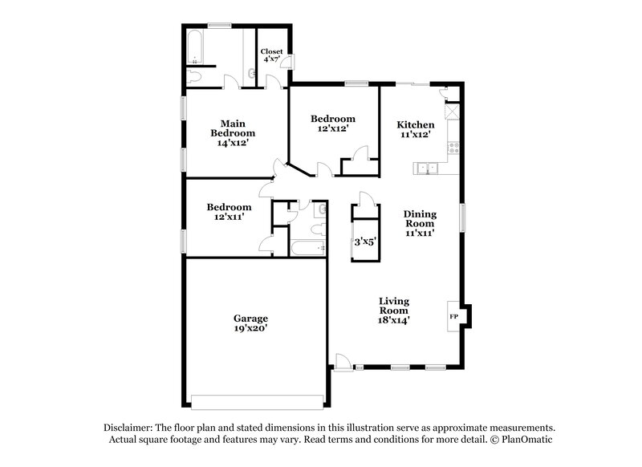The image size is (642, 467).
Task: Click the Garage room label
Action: (251, 318)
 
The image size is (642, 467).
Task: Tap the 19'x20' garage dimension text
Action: (251, 329)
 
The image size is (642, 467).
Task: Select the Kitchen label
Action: (416, 124)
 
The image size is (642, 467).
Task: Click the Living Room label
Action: (394, 306)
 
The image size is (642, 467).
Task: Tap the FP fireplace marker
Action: (452, 316)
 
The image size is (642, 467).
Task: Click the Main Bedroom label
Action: (233, 128)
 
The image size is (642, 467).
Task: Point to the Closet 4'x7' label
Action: (271, 55)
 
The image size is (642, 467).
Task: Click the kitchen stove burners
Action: (453, 148)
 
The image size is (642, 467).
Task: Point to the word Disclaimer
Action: (128, 428)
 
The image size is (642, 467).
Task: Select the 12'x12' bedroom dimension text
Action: (332, 128)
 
